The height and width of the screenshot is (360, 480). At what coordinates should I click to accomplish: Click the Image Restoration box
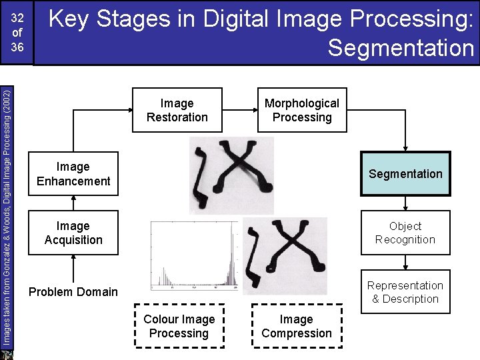point(177,110)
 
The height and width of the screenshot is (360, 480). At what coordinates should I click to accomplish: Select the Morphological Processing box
point(302,110)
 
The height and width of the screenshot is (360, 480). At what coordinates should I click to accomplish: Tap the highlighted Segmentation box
point(405,174)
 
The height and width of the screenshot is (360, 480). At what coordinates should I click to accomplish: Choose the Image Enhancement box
point(73,174)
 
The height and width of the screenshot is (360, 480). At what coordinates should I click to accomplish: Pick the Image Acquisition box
point(73,233)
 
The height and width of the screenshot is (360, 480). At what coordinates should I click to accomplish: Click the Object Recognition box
point(405,233)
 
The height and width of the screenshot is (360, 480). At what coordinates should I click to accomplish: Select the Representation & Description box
point(405,292)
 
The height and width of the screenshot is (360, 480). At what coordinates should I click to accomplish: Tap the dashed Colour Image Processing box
point(179,327)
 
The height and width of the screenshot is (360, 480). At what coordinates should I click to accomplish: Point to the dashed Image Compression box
point(297,327)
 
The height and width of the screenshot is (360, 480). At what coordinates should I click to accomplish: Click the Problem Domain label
point(73,292)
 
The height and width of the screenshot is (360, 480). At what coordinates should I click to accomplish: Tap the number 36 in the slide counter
point(17,47)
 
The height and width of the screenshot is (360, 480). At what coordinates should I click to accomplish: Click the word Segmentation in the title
point(401,48)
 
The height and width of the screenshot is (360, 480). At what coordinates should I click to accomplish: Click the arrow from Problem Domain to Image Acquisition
point(73,269)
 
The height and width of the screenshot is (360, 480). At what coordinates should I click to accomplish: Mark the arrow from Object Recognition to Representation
point(405,262)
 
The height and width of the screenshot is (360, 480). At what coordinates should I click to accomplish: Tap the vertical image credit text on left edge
point(6,213)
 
